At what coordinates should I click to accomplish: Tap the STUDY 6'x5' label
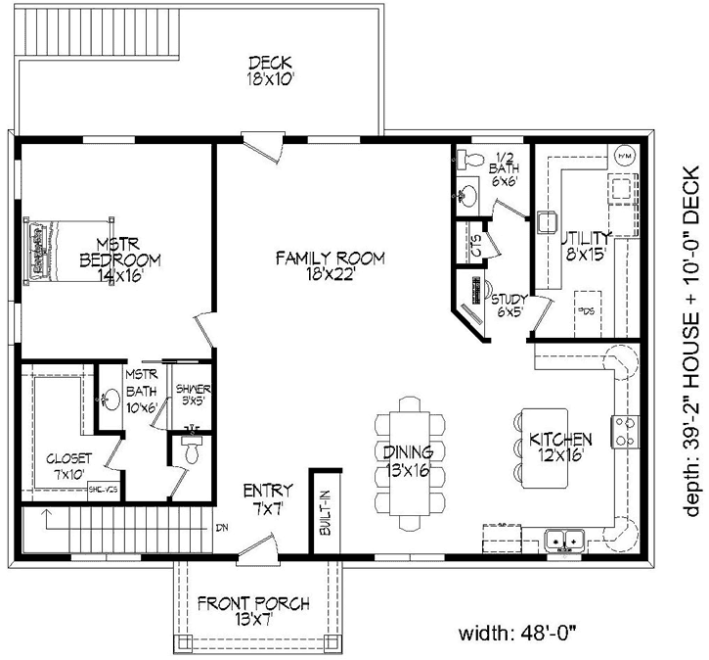[x=510, y=306]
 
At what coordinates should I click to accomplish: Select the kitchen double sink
[x=564, y=539]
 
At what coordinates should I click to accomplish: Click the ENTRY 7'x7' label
[x=262, y=497]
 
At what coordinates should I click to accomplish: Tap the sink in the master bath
[x=111, y=401]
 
